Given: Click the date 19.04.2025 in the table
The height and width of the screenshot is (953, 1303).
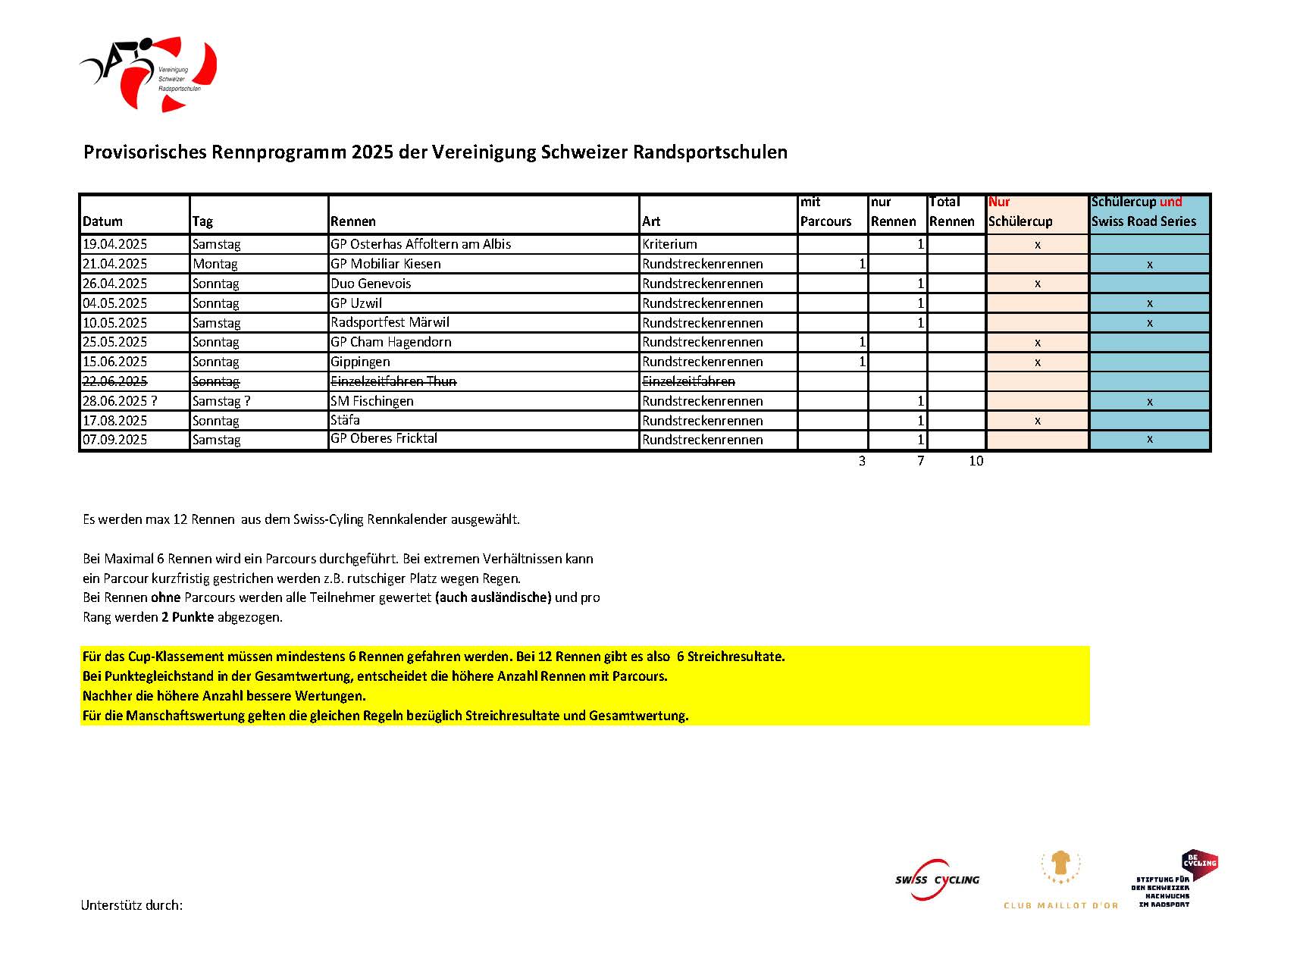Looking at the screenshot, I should coord(115,244).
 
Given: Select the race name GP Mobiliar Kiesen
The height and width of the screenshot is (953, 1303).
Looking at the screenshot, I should coord(385,264).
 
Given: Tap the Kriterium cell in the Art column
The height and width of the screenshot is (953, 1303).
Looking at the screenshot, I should coord(669,244).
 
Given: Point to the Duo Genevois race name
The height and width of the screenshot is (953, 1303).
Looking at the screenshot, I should coord(371,284).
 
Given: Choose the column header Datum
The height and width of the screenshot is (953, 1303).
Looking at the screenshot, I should coord(102,221).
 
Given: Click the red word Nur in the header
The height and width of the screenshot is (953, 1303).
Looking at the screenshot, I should coord(998,202).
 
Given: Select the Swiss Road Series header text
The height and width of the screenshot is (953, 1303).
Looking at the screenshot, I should coord(1143,221).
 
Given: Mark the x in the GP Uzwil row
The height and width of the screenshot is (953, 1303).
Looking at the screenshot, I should coord(1149,303).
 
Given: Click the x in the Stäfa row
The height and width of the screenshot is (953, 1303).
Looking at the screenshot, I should coord(1037,421).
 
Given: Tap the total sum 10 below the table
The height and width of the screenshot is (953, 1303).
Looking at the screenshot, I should coord(976,461).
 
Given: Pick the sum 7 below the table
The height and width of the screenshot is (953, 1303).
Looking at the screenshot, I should coord(920,461).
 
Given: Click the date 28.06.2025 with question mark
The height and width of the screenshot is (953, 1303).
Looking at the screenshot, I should coord(120,401).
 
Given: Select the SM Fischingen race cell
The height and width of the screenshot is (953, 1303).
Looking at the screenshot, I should coord(371,401).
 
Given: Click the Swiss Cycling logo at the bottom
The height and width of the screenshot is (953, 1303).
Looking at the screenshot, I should coord(937,879).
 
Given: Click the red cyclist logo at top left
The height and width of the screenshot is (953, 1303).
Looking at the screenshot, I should coord(149,73).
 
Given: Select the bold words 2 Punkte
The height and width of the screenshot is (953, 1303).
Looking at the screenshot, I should coord(187,617).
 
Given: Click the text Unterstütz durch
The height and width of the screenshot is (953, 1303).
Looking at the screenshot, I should coord(131,905).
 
